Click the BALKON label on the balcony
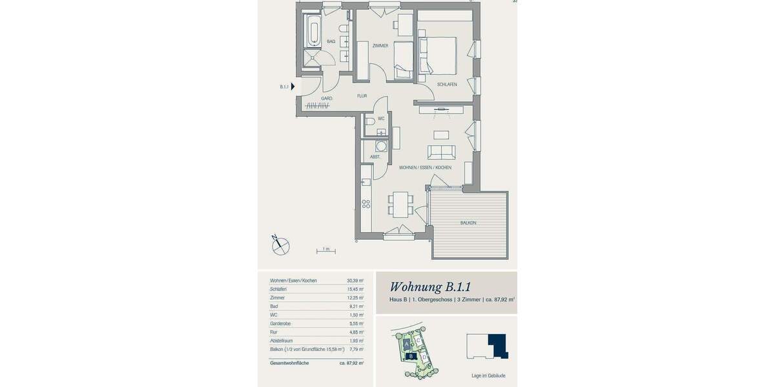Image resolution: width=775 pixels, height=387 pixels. point(468,223)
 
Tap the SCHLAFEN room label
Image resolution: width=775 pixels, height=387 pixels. point(447,84)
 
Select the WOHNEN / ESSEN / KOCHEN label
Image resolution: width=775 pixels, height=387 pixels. point(425,167)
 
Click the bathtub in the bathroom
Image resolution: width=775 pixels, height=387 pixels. point(313,31)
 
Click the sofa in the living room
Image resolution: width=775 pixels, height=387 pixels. point(442,152)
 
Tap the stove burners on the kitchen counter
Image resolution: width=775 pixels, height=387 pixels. point(366,204)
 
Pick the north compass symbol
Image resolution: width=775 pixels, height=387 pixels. point(280,244)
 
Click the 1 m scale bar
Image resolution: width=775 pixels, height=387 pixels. point(326,249)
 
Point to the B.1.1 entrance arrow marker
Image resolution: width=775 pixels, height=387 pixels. point(293,86)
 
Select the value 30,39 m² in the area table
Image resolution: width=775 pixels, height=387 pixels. point(355,281)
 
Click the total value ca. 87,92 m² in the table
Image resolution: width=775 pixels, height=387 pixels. point(351,363)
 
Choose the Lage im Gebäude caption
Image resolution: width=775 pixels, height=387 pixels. point(488,375)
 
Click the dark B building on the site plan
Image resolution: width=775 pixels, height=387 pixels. point(409,355)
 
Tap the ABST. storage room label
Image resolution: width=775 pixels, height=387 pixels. point(375,157)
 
